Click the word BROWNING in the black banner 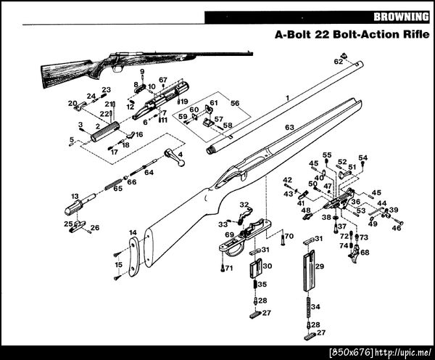[400, 17]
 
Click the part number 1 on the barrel [287, 97]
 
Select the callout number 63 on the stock [289, 128]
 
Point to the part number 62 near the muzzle [338, 62]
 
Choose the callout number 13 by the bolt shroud [74, 197]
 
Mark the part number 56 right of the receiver [234, 104]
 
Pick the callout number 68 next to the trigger [365, 253]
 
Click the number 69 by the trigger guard [229, 235]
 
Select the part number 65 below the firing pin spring [117, 189]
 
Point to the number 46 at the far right [397, 228]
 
